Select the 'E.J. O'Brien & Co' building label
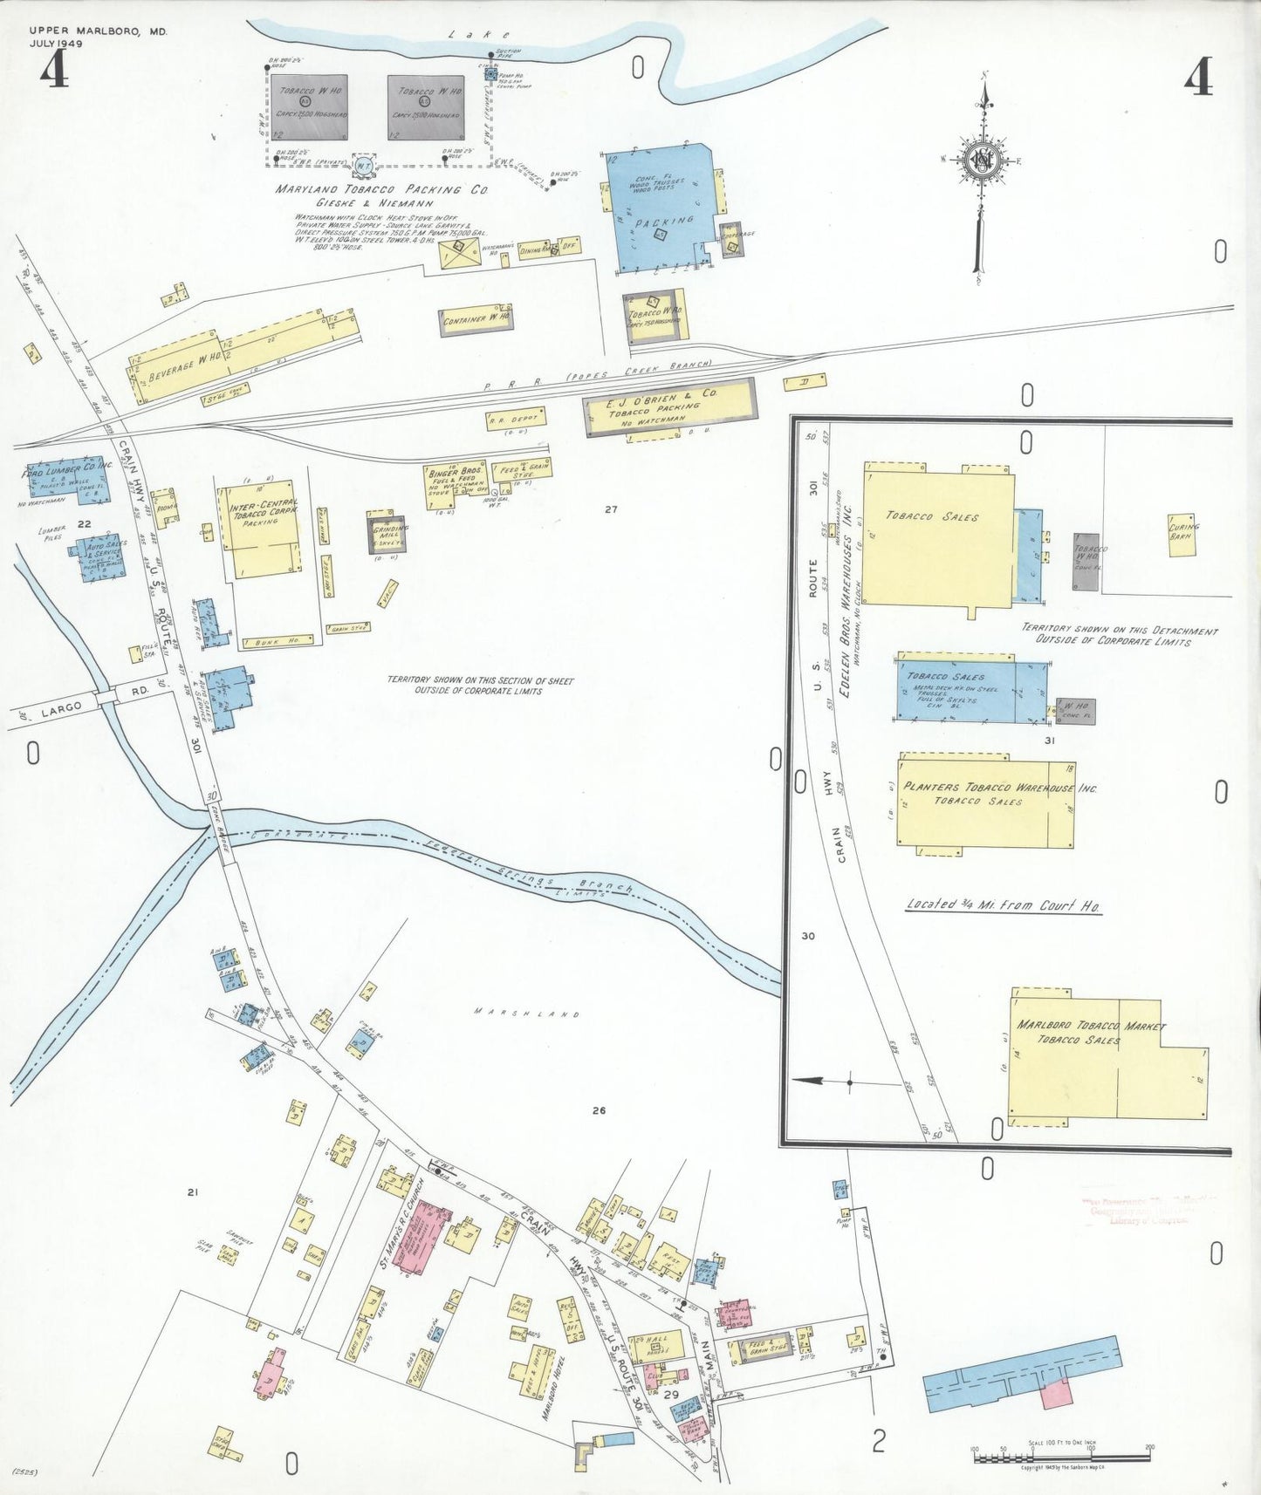point(662,399)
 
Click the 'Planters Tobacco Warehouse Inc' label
point(999,787)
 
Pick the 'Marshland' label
point(527,1013)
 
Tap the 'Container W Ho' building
point(476,320)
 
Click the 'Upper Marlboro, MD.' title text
point(98,31)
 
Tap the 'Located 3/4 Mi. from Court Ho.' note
point(1003,905)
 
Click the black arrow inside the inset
point(809,1081)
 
